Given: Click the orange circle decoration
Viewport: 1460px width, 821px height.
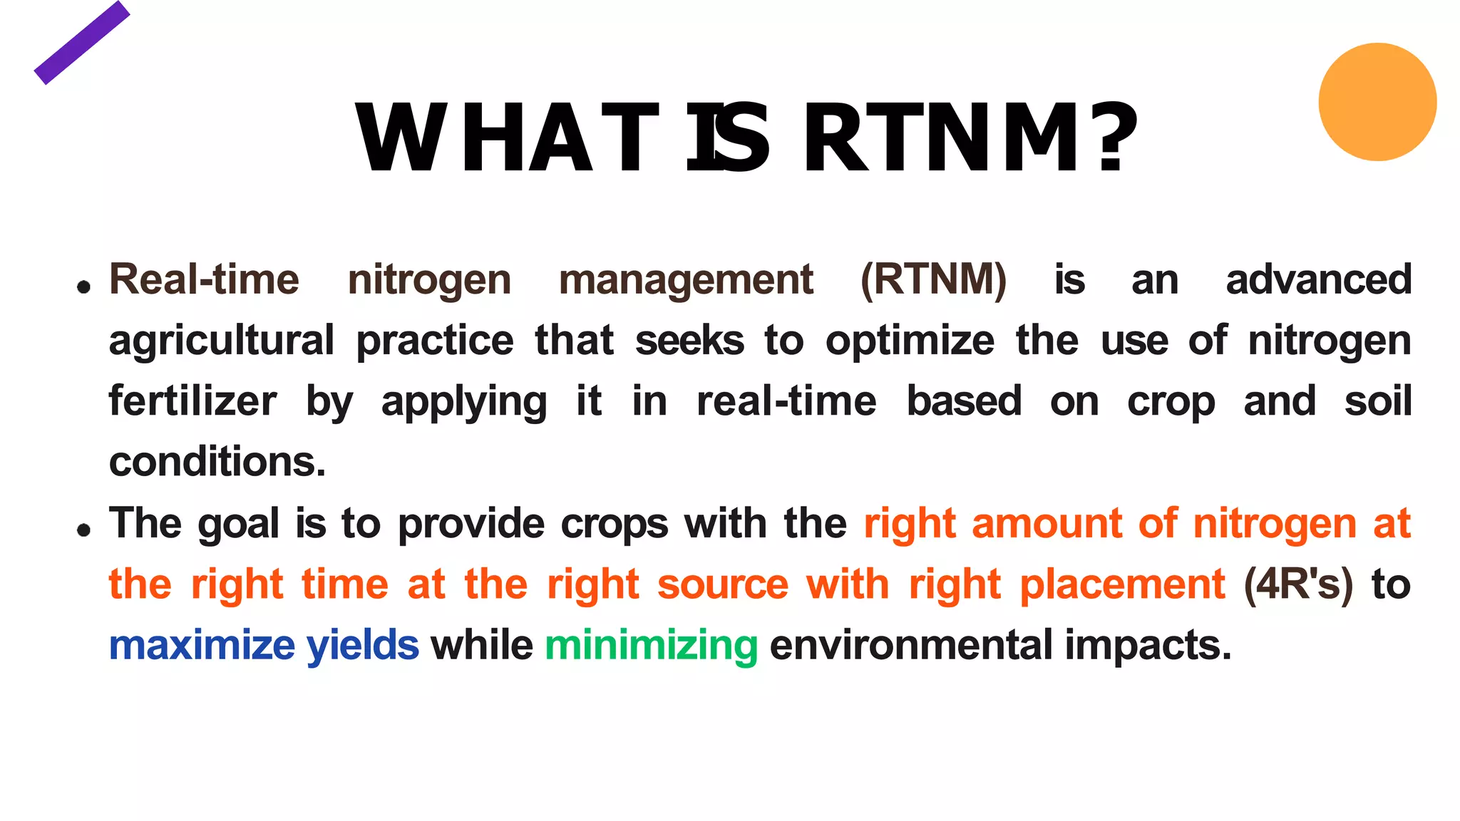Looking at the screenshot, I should [1377, 102].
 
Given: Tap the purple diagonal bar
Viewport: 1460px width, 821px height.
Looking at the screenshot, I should [82, 43].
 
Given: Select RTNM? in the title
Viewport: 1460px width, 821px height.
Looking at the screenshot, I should [970, 138].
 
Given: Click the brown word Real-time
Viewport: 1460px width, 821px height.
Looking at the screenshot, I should [204, 279].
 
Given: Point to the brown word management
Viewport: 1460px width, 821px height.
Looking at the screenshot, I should [685, 280].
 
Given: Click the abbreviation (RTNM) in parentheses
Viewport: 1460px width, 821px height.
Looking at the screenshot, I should [933, 279].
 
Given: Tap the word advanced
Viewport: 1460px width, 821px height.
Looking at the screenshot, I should [1318, 279].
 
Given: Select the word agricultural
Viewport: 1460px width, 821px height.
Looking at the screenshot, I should [221, 341].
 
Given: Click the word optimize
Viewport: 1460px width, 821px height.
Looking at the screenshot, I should [910, 341].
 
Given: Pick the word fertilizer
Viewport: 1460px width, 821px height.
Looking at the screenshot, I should [192, 401].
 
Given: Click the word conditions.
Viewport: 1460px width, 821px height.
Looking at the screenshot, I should [217, 462].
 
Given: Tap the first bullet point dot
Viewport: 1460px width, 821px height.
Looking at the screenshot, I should [84, 287].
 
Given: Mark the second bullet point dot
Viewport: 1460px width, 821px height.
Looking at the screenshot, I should [84, 530].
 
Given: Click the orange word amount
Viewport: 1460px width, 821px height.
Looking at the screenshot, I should [1047, 524].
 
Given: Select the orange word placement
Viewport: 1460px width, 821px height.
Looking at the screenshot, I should [1122, 585].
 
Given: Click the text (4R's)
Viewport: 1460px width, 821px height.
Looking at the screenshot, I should [1297, 585].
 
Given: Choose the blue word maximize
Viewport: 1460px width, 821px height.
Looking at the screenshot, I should [202, 646].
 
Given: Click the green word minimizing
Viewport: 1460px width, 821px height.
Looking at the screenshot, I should [651, 646].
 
